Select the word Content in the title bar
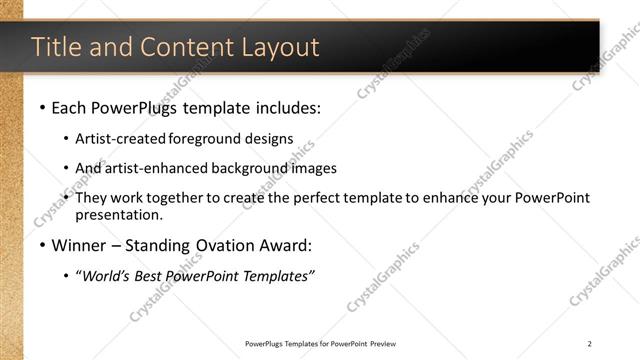pos(180,47)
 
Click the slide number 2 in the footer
pos(590,343)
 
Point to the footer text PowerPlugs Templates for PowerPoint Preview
pos(326,343)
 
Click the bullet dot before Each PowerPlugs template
pos(42,106)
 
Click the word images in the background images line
pos(314,168)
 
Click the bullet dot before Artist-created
pos(66,140)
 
